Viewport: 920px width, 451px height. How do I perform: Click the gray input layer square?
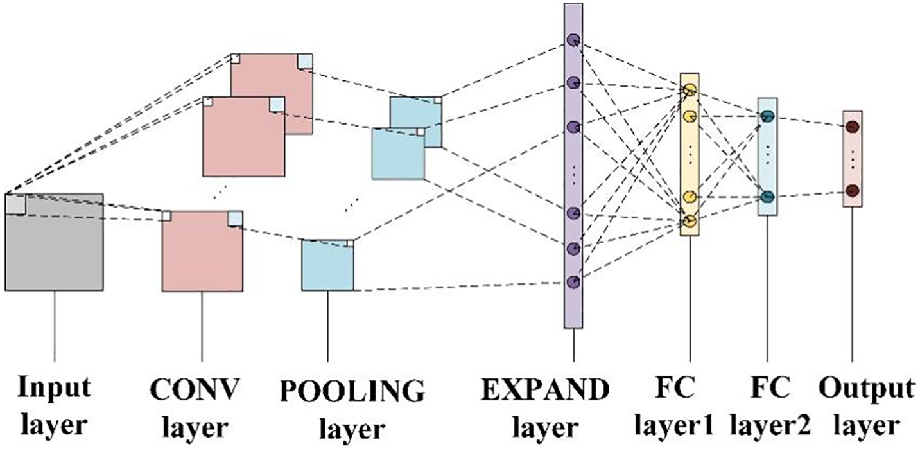point(54,242)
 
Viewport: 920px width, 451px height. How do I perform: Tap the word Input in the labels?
point(54,389)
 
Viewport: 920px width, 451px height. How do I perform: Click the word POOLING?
point(352,390)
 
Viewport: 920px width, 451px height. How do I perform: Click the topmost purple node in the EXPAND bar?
point(573,40)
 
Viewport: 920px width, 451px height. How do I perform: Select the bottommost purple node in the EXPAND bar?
point(573,281)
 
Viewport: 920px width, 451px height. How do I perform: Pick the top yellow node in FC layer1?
point(690,90)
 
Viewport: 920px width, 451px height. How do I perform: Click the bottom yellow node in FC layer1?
point(690,222)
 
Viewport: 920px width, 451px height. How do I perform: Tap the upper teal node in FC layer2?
point(767,116)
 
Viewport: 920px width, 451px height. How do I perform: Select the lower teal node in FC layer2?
point(767,197)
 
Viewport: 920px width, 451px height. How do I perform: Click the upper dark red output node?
point(853,127)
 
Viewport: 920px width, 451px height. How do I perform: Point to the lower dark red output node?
point(853,190)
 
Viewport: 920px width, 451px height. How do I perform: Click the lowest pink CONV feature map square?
point(202,251)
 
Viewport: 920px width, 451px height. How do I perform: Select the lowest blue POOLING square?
point(328,265)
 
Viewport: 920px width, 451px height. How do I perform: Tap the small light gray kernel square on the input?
point(15,204)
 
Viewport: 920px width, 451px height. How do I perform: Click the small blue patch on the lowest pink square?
point(235,218)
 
